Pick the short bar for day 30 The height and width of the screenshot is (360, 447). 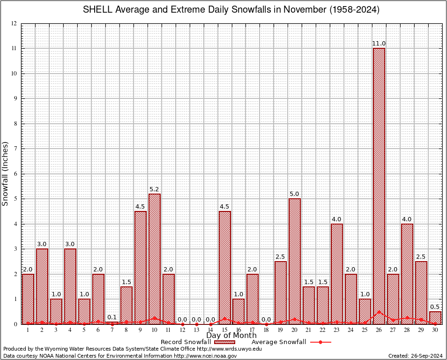pyautogui.click(x=435, y=318)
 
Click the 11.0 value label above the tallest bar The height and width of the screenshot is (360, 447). pyautogui.click(x=379, y=44)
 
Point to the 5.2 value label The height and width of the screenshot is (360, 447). pyautogui.click(x=154, y=189)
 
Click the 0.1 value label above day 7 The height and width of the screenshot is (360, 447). pyautogui.click(x=112, y=317)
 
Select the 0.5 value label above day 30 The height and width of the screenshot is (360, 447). pyautogui.click(x=435, y=307)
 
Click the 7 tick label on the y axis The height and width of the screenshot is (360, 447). pyautogui.click(x=15, y=149)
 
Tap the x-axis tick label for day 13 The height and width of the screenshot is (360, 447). pyautogui.click(x=196, y=330)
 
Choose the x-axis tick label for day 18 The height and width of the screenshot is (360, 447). pyautogui.click(x=266, y=330)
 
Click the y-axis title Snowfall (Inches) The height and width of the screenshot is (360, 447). pyautogui.click(x=6, y=173)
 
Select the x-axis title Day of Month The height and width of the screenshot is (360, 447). pyautogui.click(x=231, y=336)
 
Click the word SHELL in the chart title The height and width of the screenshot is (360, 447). pyautogui.click(x=97, y=9)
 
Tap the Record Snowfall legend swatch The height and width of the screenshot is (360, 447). pyautogui.click(x=225, y=342)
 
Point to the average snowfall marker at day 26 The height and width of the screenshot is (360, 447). pyautogui.click(x=379, y=312)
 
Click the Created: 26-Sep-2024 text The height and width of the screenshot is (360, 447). pyautogui.click(x=415, y=356)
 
